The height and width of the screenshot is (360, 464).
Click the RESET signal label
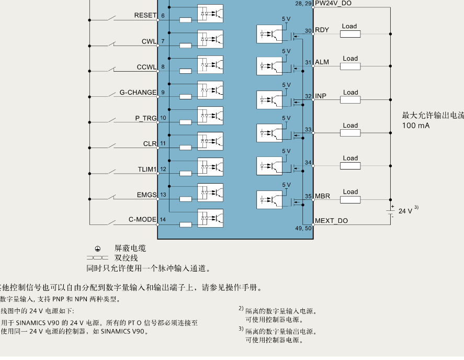145,15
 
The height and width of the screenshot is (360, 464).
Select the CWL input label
149,41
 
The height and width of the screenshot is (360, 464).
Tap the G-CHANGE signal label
138,93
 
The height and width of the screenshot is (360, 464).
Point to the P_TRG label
146,118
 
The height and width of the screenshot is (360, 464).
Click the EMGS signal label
146,195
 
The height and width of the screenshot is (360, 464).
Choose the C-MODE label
142,219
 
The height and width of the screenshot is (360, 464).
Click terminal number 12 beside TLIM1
163,170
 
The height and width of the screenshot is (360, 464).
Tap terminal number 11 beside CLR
163,144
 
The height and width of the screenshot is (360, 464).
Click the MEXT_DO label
331,221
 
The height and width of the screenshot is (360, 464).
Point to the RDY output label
322,30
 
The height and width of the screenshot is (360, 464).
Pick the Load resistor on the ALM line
350,66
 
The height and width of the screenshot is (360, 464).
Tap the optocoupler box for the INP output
269,99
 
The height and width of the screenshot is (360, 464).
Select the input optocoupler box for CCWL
210,64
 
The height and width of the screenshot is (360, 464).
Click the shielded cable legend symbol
97,249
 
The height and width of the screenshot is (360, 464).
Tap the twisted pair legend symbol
97,258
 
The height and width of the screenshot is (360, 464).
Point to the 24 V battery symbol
390,211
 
